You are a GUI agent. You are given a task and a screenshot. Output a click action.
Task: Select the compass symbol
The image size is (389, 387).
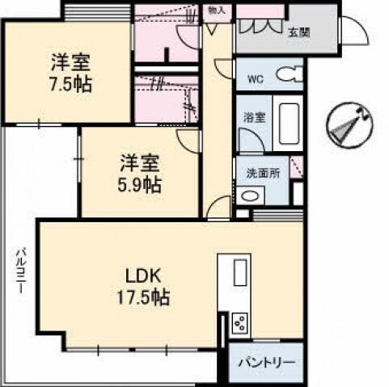(x=349, y=125)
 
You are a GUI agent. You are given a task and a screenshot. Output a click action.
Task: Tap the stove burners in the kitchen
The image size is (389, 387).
(x=240, y=324)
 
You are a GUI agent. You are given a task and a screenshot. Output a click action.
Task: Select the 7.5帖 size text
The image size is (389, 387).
(x=70, y=82)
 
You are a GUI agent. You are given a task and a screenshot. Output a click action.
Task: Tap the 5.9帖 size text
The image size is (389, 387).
(x=140, y=184)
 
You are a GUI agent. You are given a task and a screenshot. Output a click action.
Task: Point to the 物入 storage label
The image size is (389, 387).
(x=216, y=10)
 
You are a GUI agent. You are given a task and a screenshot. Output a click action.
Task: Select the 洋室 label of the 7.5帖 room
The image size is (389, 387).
(x=70, y=61)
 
